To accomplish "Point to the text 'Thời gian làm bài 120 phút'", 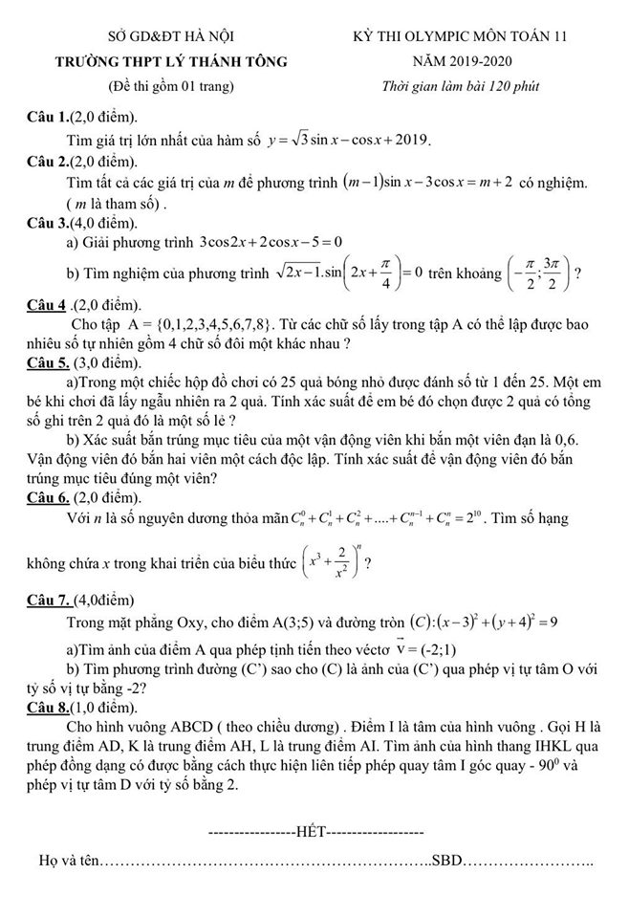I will click(x=459, y=87).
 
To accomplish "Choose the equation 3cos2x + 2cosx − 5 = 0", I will click(x=271, y=242).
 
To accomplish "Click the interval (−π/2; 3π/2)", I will click(x=537, y=273).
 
